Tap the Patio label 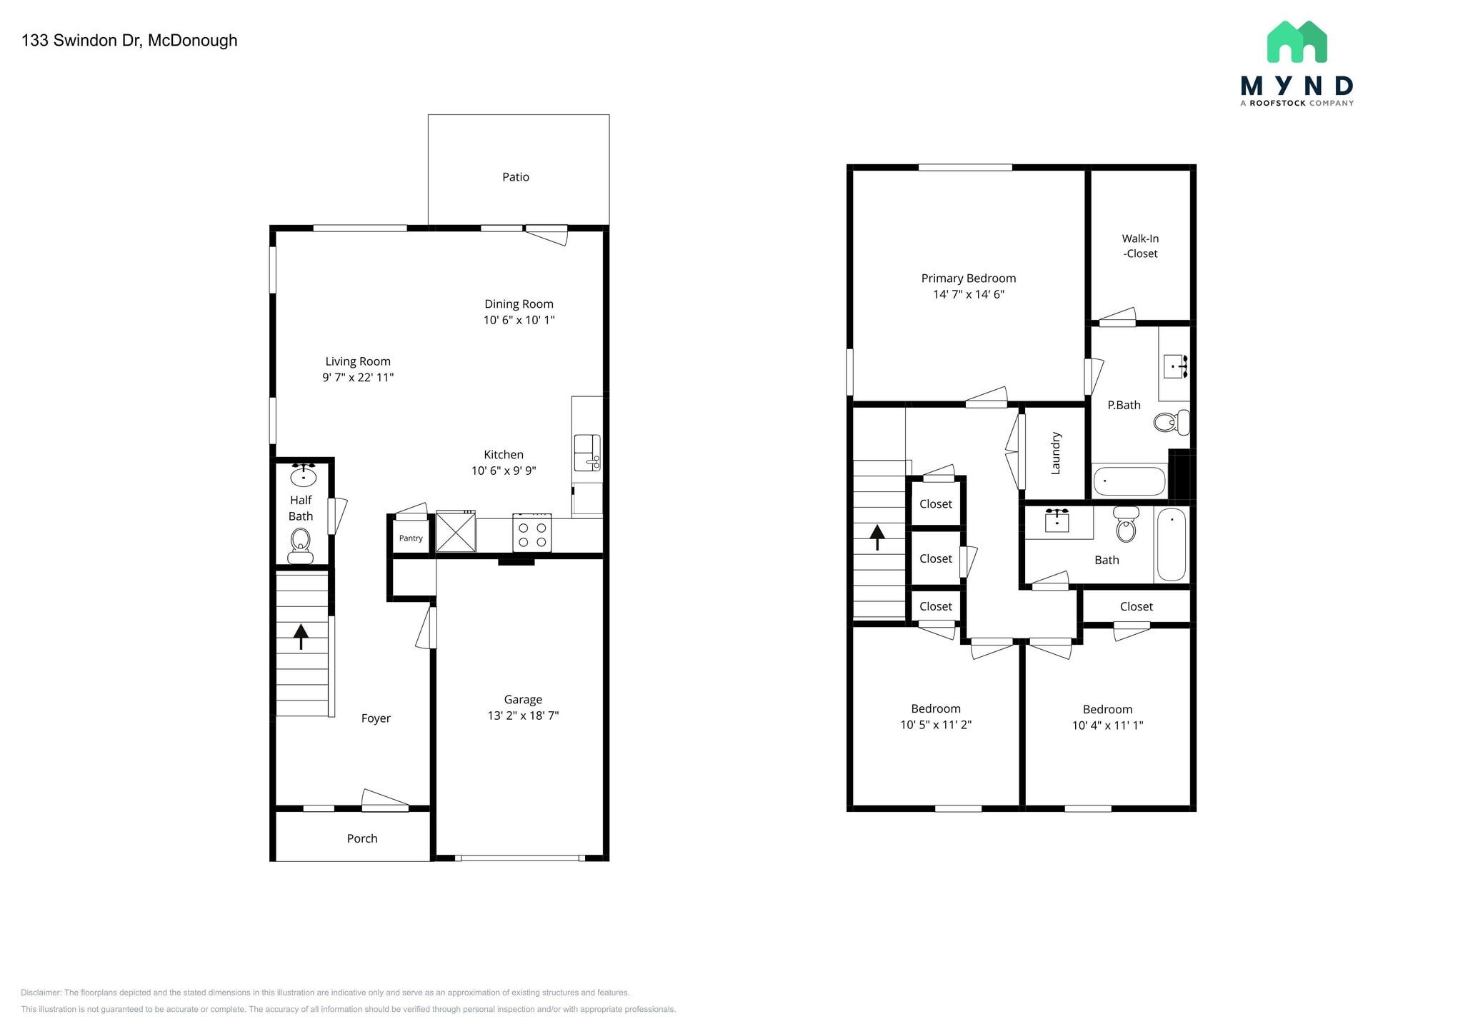[515, 177]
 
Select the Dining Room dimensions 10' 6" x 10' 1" [519, 320]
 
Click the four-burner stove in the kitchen [531, 534]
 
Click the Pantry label [411, 538]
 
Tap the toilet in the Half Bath [300, 546]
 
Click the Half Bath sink [304, 476]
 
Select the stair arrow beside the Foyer [301, 636]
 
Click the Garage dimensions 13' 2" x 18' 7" [523, 716]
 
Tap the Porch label [361, 838]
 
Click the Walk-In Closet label [1140, 246]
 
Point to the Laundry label [1056, 453]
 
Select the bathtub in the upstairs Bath [1172, 544]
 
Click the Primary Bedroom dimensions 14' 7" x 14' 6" [969, 294]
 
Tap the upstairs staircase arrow [877, 536]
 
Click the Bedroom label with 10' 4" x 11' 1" [1107, 709]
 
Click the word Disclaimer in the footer [41, 993]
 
